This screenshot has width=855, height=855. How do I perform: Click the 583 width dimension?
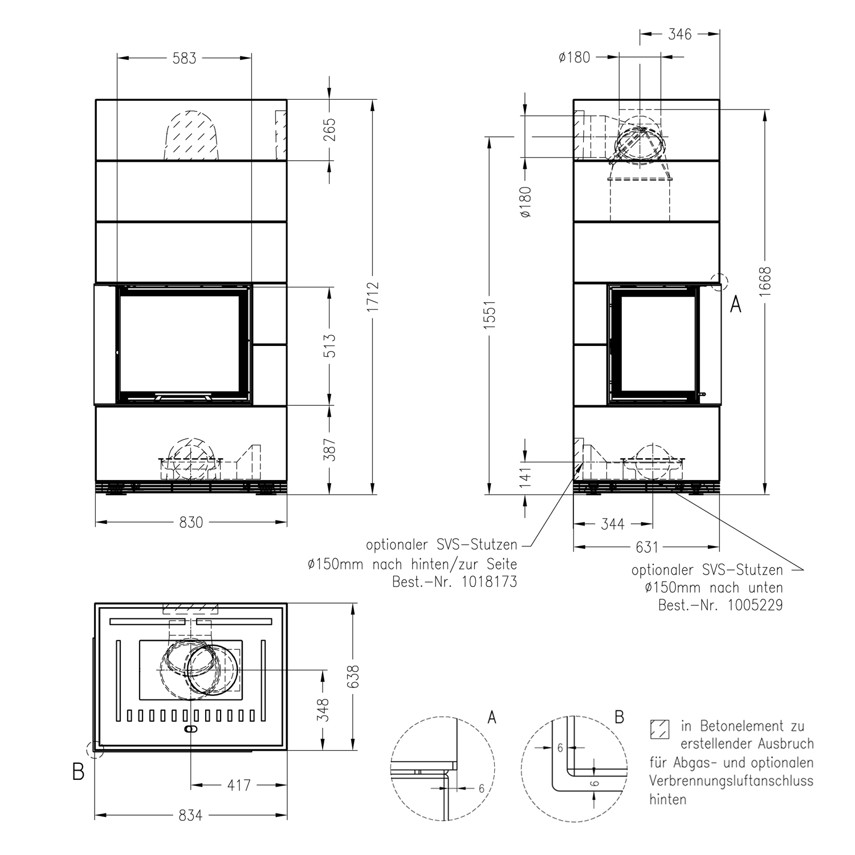184,58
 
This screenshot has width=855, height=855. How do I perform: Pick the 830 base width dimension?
190,522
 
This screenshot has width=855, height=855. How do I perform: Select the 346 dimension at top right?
679,35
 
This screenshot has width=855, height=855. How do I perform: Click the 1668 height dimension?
765,281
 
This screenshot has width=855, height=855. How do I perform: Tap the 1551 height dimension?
490,313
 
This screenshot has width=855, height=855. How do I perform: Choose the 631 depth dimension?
647,548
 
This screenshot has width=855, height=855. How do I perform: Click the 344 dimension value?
613,524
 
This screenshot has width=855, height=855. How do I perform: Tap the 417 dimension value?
239,785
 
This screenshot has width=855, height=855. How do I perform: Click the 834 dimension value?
190,816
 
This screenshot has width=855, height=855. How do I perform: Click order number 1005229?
756,605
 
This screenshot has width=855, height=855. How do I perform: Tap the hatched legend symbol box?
659,729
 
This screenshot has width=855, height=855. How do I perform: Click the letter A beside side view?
736,306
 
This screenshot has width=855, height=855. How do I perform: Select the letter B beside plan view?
78,772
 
